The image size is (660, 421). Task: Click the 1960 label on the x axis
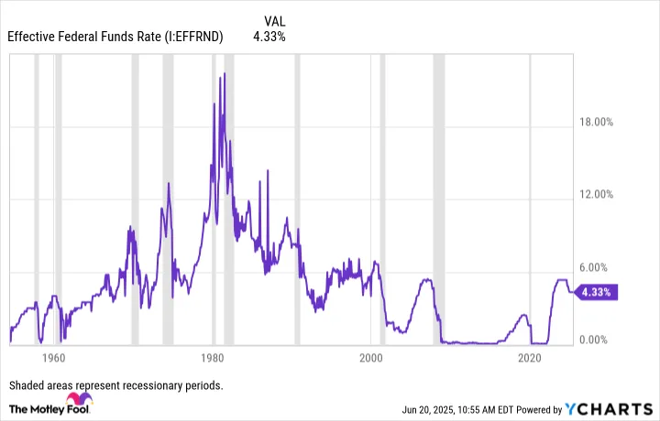[53, 359]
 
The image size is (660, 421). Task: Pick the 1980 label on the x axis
[213, 359]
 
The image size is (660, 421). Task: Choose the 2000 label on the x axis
[371, 359]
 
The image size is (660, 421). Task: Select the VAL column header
[274, 20]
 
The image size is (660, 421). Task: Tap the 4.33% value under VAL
[269, 38]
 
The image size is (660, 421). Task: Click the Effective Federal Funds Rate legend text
[115, 38]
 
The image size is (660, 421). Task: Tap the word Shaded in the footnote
[29, 385]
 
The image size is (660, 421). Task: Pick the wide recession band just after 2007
[439, 201]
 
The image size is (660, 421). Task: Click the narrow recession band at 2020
[531, 201]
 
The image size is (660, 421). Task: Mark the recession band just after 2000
[382, 201]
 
